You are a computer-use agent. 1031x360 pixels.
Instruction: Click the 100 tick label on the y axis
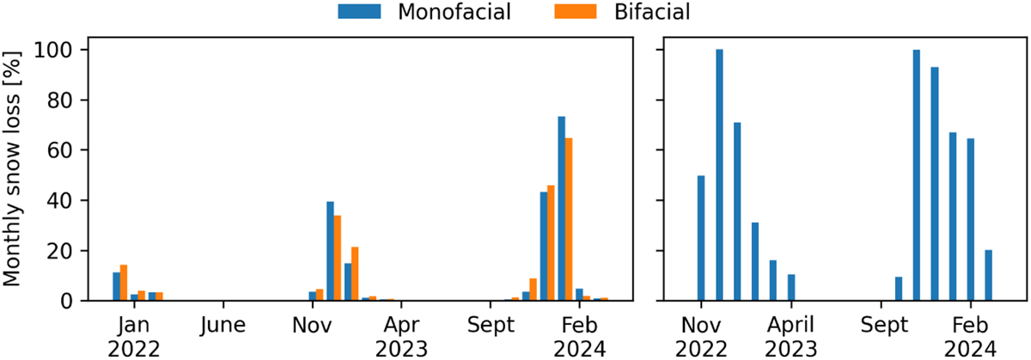point(58,51)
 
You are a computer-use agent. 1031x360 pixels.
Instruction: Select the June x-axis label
point(223,326)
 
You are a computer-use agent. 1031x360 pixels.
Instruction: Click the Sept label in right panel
point(881,326)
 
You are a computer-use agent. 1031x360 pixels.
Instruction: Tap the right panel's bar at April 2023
point(791,288)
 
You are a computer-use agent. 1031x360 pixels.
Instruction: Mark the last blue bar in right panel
point(989,276)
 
